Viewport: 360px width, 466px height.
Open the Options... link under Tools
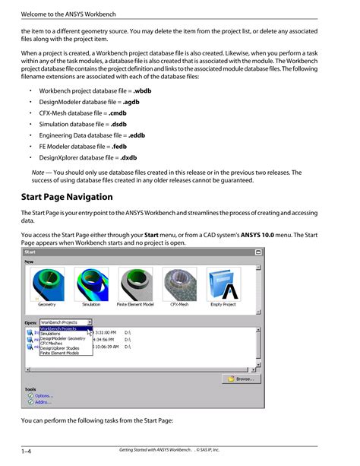point(43,395)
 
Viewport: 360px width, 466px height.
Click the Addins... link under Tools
point(43,403)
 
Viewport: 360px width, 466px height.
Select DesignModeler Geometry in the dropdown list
point(63,338)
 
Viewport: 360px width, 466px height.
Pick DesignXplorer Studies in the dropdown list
point(61,348)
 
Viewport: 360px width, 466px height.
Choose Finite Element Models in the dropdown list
point(62,353)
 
